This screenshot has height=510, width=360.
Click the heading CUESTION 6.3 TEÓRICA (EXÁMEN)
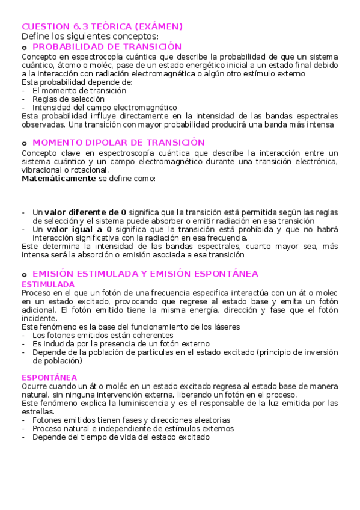(102, 26)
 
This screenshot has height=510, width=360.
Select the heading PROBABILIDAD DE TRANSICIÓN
(107, 46)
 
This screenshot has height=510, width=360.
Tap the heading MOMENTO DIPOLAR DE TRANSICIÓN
(118, 142)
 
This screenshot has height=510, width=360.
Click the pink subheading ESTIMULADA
(48, 284)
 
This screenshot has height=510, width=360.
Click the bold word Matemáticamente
(59, 179)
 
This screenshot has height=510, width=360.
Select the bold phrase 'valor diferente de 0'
(85, 212)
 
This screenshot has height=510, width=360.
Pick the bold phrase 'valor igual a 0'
(79, 229)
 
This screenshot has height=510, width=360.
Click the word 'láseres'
(225, 327)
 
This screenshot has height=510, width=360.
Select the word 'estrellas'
(37, 411)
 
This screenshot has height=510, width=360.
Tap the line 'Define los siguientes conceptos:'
(90, 36)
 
